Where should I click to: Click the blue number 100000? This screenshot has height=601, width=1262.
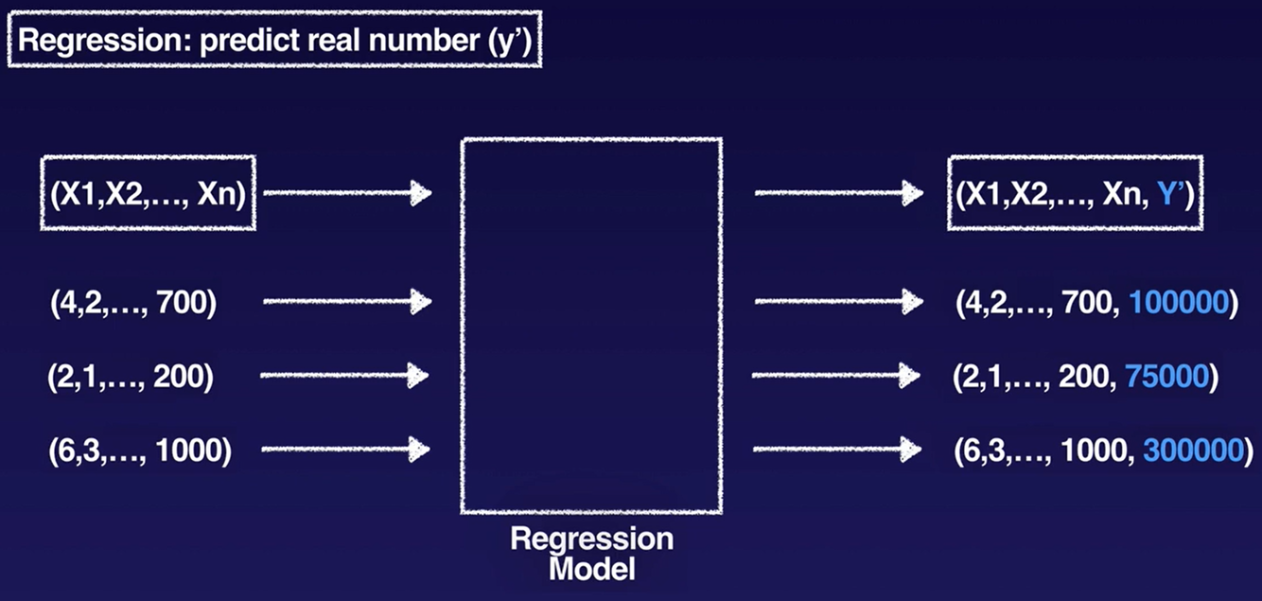point(1179,305)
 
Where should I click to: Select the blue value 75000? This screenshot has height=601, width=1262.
point(1166,377)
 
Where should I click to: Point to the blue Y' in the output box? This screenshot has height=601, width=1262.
point(1170,195)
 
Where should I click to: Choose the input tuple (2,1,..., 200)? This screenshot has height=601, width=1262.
point(131,377)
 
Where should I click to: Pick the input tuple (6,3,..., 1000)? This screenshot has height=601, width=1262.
point(139,451)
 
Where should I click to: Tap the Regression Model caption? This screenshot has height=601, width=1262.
point(591,554)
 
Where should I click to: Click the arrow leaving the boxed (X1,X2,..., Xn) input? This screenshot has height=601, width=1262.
point(346,194)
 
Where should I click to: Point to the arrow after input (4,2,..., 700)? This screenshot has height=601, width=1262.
point(346,302)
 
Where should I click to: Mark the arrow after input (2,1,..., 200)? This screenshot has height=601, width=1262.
point(346,375)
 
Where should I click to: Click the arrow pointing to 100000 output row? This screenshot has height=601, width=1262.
point(838,302)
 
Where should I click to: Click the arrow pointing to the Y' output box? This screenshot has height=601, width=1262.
point(838,194)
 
